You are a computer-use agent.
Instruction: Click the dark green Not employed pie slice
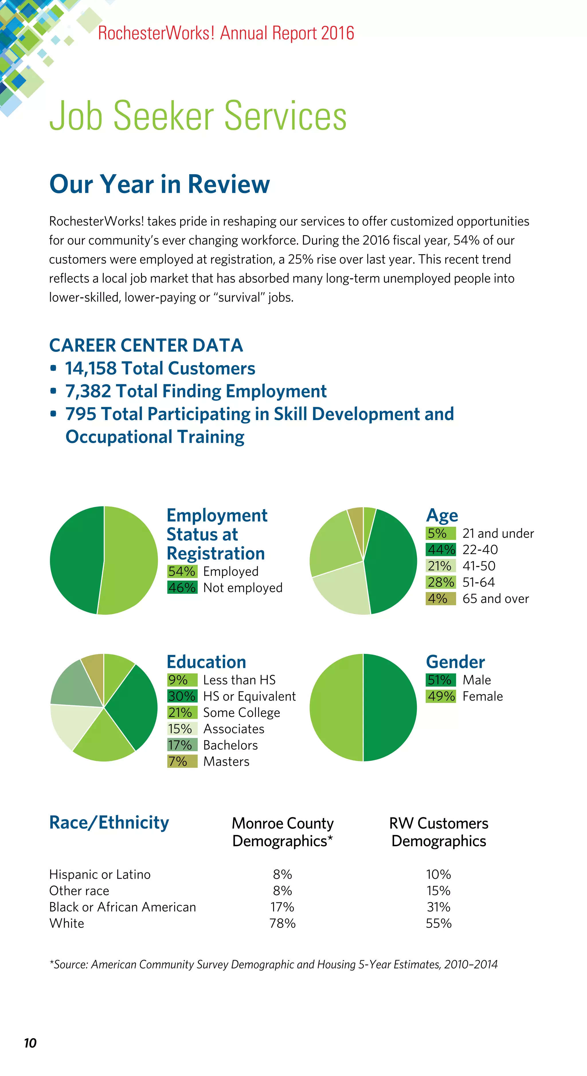click(x=75, y=560)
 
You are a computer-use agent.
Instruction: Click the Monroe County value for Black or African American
click(x=282, y=907)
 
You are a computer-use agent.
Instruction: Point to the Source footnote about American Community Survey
click(x=274, y=964)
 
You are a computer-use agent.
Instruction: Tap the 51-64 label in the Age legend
click(x=478, y=582)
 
